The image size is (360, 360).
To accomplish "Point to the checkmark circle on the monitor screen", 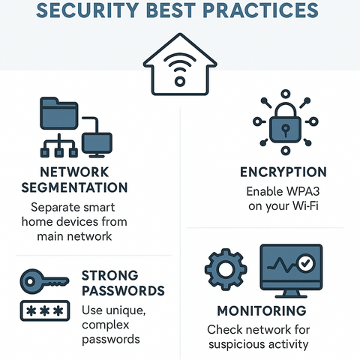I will click(304, 263).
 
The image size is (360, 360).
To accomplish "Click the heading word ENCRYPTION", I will click(278, 172).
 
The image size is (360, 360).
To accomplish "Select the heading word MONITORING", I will click(261, 310).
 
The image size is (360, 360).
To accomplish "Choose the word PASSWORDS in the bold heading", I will click(122, 290).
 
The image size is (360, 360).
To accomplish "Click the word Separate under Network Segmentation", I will click(57, 206).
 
